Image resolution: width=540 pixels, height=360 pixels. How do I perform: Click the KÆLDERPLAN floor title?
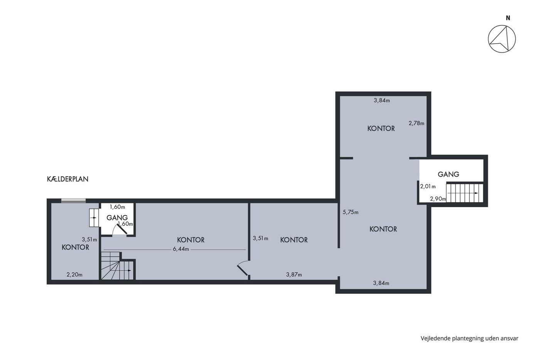click(67, 179)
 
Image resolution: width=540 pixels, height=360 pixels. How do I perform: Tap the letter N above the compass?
click(508, 18)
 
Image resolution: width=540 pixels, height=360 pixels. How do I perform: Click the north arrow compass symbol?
click(502, 39)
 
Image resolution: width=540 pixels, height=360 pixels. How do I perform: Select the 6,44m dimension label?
click(181, 249)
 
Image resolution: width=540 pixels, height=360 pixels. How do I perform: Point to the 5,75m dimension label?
click(351, 212)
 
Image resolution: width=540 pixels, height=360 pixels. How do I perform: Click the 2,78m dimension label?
click(416, 123)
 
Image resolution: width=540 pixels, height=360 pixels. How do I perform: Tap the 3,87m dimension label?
click(294, 274)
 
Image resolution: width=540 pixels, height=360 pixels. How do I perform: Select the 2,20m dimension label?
click(74, 274)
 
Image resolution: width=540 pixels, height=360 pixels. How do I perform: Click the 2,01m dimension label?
click(428, 186)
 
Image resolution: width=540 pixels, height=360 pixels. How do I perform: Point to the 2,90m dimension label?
click(438, 199)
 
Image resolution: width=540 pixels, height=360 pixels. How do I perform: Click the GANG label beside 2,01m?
click(448, 174)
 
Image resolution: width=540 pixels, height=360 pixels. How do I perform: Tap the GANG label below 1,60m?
click(117, 218)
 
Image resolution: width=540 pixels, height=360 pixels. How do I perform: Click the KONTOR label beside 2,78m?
click(381, 128)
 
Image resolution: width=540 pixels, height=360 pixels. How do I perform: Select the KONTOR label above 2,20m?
click(76, 247)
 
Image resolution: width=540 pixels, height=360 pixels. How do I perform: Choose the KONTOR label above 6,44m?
click(191, 240)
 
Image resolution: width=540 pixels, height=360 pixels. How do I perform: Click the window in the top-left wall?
click(73, 201)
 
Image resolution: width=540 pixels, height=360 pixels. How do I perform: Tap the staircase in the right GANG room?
click(464, 193)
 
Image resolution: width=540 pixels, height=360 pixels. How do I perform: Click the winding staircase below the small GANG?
click(117, 266)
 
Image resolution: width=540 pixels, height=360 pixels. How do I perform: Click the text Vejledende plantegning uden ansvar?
click(469, 338)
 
